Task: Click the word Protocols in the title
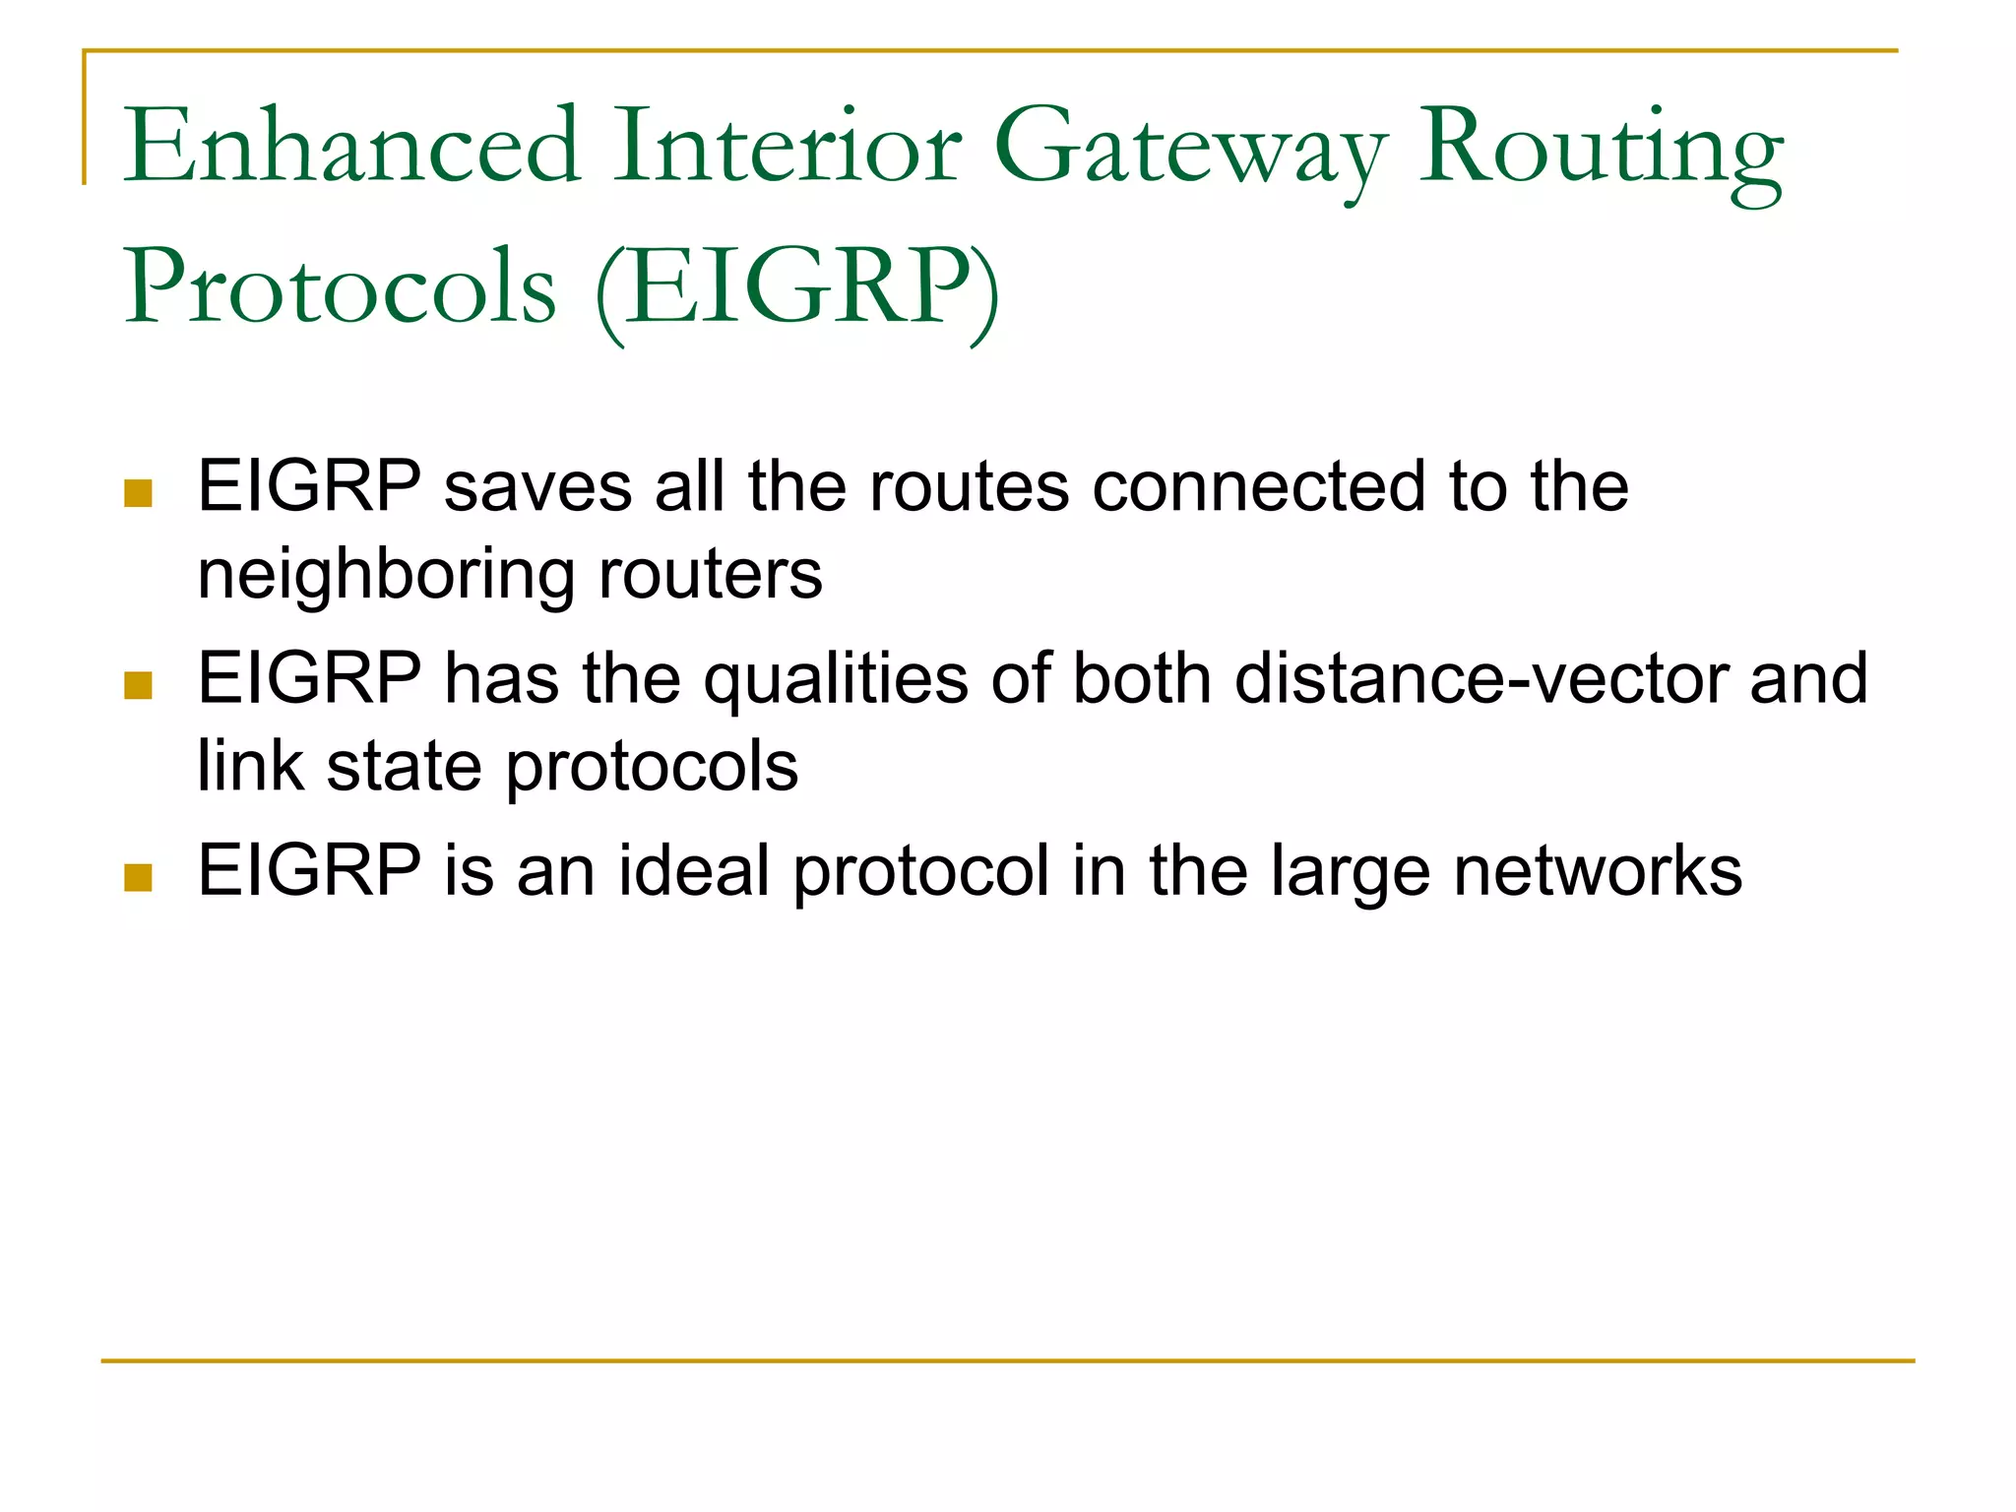coord(341,287)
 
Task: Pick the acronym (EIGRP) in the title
coord(797,289)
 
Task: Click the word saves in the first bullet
coord(537,486)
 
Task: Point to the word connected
coord(1258,486)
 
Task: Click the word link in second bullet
coord(250,766)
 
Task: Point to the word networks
coord(1598,871)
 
